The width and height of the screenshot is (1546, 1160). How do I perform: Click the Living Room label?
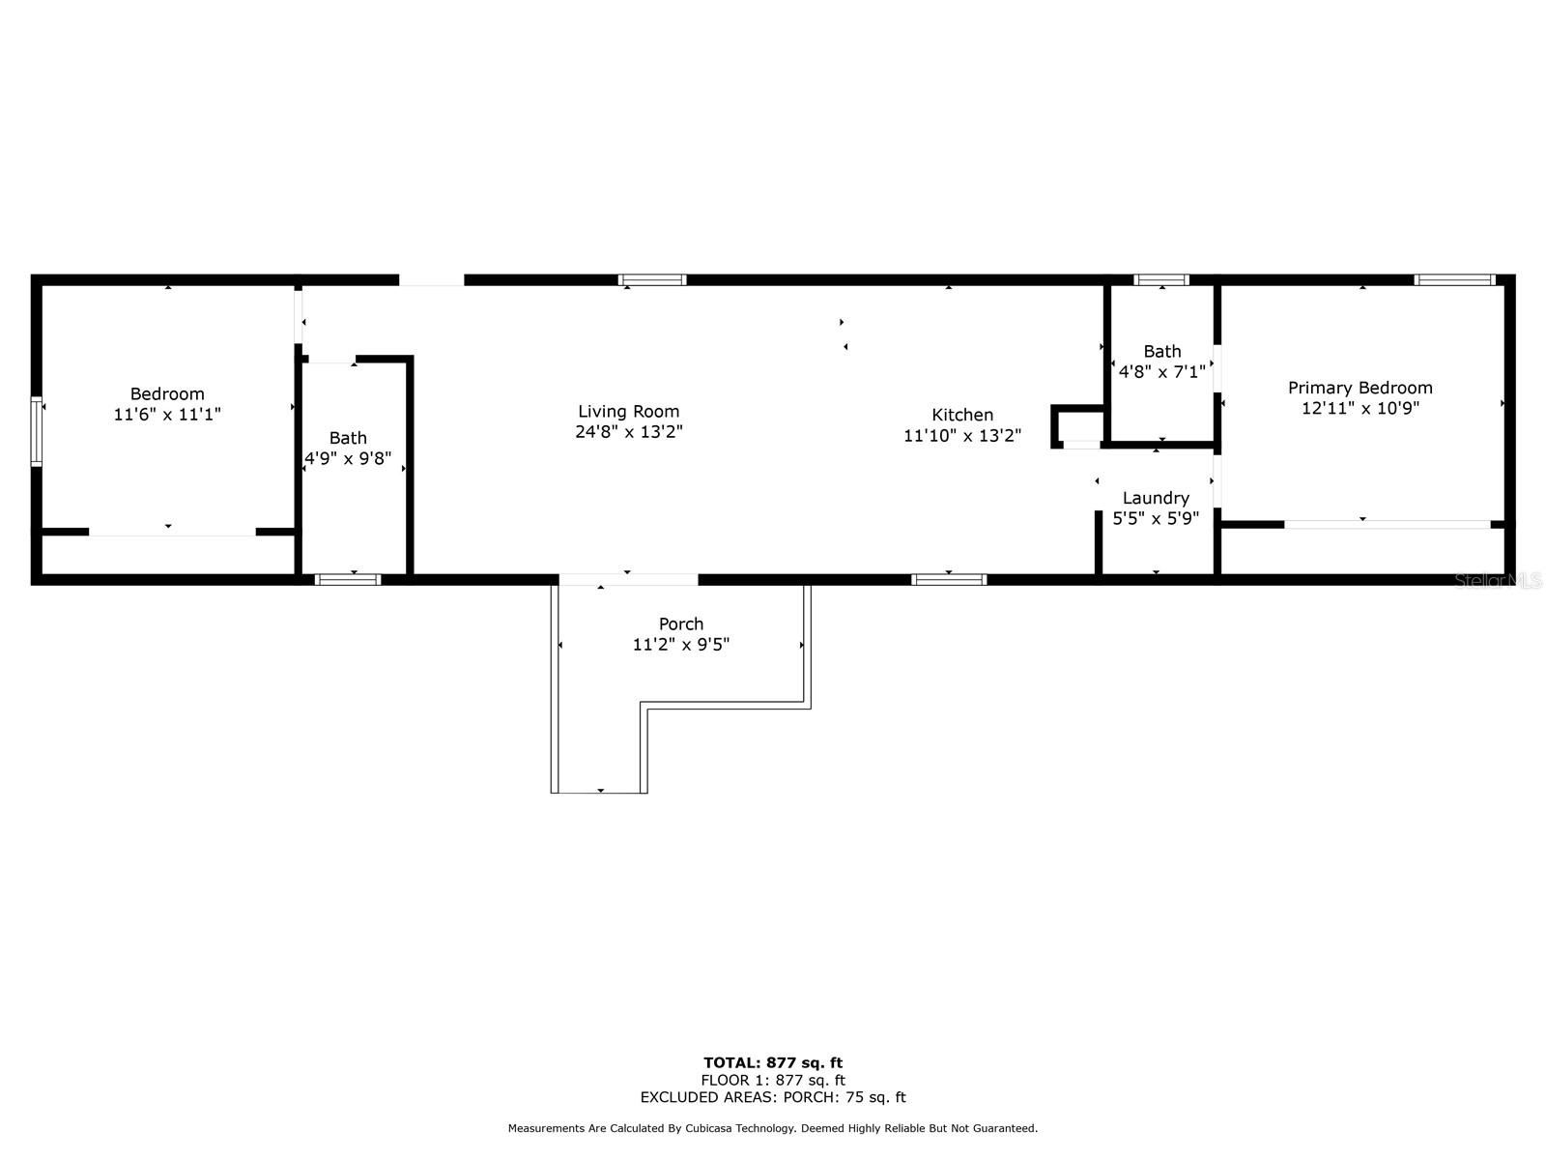(x=628, y=412)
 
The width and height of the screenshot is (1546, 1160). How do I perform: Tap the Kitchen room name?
(x=962, y=415)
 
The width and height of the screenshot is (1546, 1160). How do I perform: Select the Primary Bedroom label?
(x=1360, y=388)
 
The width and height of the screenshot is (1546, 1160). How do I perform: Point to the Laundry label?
(x=1155, y=498)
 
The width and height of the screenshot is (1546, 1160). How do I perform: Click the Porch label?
(x=680, y=624)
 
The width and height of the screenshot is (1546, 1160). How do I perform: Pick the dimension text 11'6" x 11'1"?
(x=167, y=414)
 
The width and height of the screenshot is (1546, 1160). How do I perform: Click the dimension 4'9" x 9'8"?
(x=347, y=458)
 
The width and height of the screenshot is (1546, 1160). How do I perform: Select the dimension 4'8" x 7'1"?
(x=1161, y=371)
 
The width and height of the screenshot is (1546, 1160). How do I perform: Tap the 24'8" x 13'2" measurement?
(x=628, y=432)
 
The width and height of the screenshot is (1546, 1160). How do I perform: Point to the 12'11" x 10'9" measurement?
(x=1360, y=408)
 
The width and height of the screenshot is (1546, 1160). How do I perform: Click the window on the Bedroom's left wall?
(x=36, y=431)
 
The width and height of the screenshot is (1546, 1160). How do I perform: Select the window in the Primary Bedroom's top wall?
(x=1454, y=279)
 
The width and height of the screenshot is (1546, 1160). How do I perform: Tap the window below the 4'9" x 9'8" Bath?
(x=347, y=580)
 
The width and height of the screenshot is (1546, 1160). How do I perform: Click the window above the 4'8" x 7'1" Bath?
(x=1160, y=279)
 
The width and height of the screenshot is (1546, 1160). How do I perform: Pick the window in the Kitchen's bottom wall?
(x=948, y=580)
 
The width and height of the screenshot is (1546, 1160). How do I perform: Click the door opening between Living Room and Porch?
(x=628, y=580)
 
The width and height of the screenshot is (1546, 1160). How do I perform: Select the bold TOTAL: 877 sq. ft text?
(x=773, y=1062)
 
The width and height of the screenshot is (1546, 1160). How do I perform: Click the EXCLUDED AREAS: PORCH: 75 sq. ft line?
(x=773, y=1096)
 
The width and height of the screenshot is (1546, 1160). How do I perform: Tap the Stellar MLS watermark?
(x=1498, y=580)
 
